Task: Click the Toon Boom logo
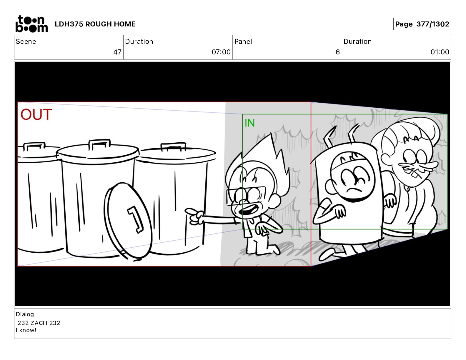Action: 31,24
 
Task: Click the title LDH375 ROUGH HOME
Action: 95,24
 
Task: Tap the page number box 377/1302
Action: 422,24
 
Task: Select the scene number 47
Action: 117,52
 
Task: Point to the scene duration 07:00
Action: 221,52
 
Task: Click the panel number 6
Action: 337,52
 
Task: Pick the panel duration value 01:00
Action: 440,52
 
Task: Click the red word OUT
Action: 36,114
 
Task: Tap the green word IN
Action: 249,123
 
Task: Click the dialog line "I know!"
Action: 26,330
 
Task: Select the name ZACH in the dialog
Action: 39,323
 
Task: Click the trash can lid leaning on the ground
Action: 128,221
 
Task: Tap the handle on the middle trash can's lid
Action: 99,144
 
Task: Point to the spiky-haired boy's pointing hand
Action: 194,216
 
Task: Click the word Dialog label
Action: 25,314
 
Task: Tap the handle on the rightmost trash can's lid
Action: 173,146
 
